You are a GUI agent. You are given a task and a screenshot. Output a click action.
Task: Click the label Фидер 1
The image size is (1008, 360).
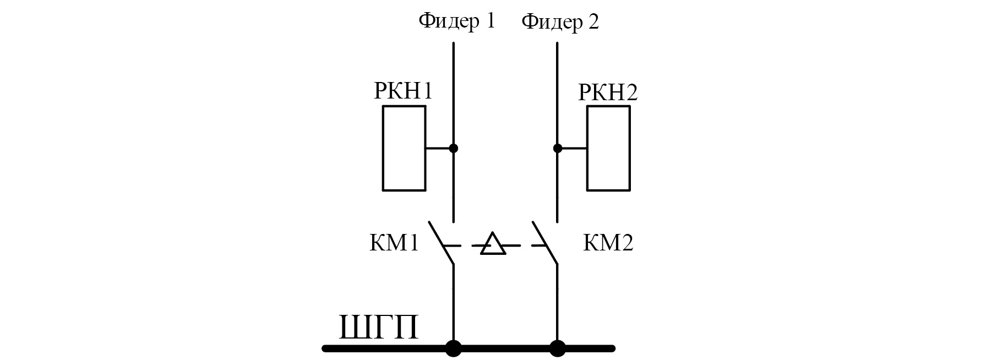(x=456, y=21)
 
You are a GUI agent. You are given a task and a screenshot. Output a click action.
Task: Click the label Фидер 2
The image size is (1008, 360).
(x=560, y=23)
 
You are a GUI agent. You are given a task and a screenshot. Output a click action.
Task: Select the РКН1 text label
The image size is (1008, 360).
(x=403, y=91)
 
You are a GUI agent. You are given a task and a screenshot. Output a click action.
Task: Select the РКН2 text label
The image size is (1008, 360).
(x=608, y=92)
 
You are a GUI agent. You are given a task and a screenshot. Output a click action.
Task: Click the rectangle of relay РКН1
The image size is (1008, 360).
(x=404, y=148)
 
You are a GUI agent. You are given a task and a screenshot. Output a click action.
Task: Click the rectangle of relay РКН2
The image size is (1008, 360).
(x=608, y=148)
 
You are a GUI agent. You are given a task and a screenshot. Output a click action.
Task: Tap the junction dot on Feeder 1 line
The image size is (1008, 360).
(x=454, y=148)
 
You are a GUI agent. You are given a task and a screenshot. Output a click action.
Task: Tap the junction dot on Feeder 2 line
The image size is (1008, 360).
(x=558, y=148)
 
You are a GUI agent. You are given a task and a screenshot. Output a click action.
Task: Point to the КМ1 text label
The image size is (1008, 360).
(x=394, y=243)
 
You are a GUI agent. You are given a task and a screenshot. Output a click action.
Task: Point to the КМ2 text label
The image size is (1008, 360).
(x=608, y=243)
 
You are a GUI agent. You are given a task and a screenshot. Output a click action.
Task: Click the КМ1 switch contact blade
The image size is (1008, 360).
(x=442, y=243)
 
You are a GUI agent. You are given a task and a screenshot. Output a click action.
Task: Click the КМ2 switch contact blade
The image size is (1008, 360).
(x=545, y=243)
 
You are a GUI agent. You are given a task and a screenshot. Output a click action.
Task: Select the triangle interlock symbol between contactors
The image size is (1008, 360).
(x=493, y=245)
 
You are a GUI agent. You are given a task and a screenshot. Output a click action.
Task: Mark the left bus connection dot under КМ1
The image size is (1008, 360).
(x=454, y=348)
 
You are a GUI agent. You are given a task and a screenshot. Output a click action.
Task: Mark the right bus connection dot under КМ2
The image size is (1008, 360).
(x=558, y=348)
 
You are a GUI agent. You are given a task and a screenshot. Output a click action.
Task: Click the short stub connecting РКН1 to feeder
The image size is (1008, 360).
(x=439, y=148)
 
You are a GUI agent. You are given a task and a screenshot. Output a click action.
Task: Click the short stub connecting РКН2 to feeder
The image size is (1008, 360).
(x=573, y=148)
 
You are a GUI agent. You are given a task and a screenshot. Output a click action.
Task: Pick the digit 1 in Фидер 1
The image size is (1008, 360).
(x=489, y=21)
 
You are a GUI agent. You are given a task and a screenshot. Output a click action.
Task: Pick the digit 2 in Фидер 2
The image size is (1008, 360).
(x=593, y=22)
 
